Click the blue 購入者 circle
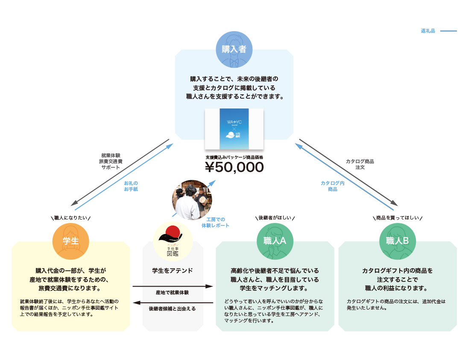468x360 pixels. click(x=234, y=50)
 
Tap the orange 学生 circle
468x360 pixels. click(x=71, y=241)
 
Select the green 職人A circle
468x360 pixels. click(x=275, y=241)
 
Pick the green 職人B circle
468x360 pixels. click(x=398, y=241)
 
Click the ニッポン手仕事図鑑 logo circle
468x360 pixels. click(x=173, y=241)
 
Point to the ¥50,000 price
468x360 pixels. click(x=234, y=167)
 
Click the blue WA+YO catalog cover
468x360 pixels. click(x=234, y=129)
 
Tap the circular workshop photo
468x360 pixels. click(x=192, y=200)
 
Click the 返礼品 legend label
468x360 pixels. click(x=428, y=31)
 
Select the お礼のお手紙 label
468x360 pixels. click(x=131, y=186)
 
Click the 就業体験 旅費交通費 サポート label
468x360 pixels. click(x=111, y=161)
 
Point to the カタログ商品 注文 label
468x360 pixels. click(x=360, y=164)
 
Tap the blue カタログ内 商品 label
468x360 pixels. click(x=333, y=186)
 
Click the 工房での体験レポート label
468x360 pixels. click(x=216, y=222)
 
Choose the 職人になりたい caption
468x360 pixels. click(x=71, y=218)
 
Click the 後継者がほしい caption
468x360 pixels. click(x=275, y=218)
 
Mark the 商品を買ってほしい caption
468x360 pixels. click(x=398, y=218)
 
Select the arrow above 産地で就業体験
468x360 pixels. click(x=173, y=286)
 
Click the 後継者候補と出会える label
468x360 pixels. click(x=172, y=309)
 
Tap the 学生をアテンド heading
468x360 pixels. click(x=173, y=271)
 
